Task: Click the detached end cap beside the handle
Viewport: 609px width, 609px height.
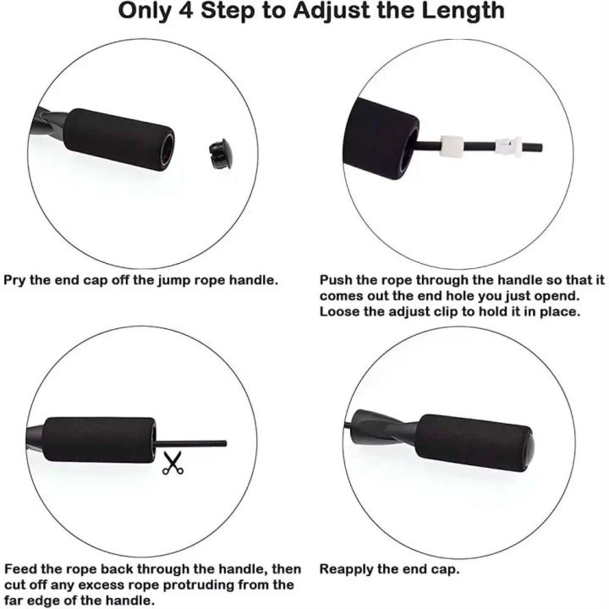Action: (x=221, y=153)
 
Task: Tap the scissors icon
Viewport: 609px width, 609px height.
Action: (x=173, y=463)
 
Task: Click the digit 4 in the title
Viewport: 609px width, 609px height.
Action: (x=186, y=10)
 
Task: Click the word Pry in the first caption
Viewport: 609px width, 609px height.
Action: (x=14, y=281)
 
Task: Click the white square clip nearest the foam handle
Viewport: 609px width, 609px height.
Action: (x=452, y=146)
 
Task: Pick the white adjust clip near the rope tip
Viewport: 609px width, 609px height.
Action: (x=508, y=146)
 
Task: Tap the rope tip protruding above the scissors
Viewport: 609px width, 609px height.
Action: (x=224, y=443)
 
